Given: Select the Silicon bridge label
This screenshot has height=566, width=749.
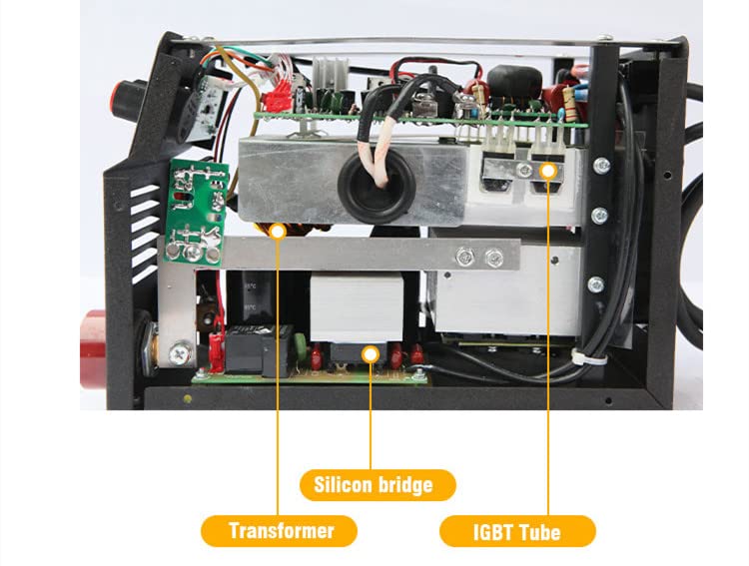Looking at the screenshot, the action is [377, 485].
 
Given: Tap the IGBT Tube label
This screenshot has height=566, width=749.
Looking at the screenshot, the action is [517, 531].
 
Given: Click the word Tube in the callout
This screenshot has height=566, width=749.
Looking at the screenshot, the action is [539, 531].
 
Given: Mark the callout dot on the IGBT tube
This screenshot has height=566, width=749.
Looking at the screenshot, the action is [547, 171].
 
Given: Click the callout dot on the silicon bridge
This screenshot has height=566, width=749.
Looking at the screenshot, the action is [371, 352].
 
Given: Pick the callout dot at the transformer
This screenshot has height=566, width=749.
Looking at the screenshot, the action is [279, 231].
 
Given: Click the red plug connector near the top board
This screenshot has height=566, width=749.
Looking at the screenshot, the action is [282, 93].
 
